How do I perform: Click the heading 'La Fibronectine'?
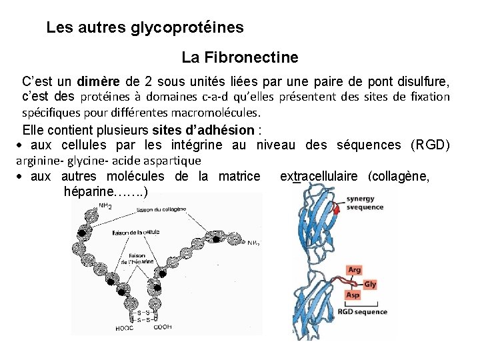coord(239,58)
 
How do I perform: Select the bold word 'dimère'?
coord(99,83)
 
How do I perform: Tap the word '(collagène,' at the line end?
coord(406,177)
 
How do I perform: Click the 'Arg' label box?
coord(355,270)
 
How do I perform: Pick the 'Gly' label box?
coord(370,284)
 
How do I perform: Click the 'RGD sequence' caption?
coord(362,311)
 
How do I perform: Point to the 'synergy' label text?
coord(360,199)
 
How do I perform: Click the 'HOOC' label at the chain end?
coord(124,327)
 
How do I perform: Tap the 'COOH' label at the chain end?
coord(162,327)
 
